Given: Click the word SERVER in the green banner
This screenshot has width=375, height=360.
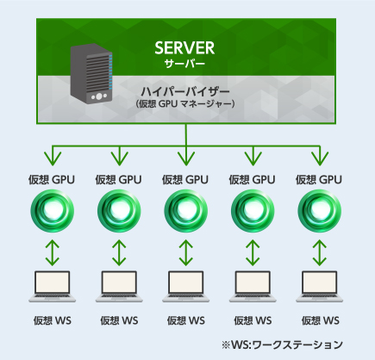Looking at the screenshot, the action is point(184,47).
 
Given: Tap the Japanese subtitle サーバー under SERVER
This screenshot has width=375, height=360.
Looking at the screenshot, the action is point(184,64).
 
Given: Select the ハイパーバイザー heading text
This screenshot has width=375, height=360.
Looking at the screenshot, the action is point(185,91).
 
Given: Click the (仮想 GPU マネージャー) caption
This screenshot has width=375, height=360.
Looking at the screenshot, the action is point(185,103).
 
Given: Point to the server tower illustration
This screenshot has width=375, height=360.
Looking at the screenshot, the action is point(91,73).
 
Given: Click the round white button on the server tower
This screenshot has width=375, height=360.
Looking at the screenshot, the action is point(99,96).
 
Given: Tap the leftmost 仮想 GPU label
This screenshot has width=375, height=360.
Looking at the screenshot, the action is point(52,180).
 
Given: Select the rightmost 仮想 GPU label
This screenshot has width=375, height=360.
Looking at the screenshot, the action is point(319,180).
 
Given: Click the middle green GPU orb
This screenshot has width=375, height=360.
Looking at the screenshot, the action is point(185,211).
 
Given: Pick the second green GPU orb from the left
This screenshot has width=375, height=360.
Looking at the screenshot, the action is point(119,211).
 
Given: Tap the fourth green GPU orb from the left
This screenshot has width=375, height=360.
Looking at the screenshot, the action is point(253,211).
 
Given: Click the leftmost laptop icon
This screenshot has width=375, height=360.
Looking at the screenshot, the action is point(52,287).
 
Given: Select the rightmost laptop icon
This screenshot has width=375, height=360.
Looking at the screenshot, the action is point(320,287).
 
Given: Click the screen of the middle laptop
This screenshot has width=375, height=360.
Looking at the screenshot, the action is point(185,282).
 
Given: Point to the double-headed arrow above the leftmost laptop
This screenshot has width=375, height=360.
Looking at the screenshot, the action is point(52,252).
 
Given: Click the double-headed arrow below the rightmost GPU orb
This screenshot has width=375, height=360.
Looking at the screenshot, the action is point(320,252).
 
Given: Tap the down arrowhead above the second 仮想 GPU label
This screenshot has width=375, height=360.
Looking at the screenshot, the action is point(119,158).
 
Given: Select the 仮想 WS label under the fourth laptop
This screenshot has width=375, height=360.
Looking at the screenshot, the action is point(253,320).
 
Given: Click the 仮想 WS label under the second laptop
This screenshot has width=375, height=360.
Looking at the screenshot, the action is point(119,320).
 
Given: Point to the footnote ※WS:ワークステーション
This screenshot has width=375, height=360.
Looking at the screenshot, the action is point(282,344).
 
